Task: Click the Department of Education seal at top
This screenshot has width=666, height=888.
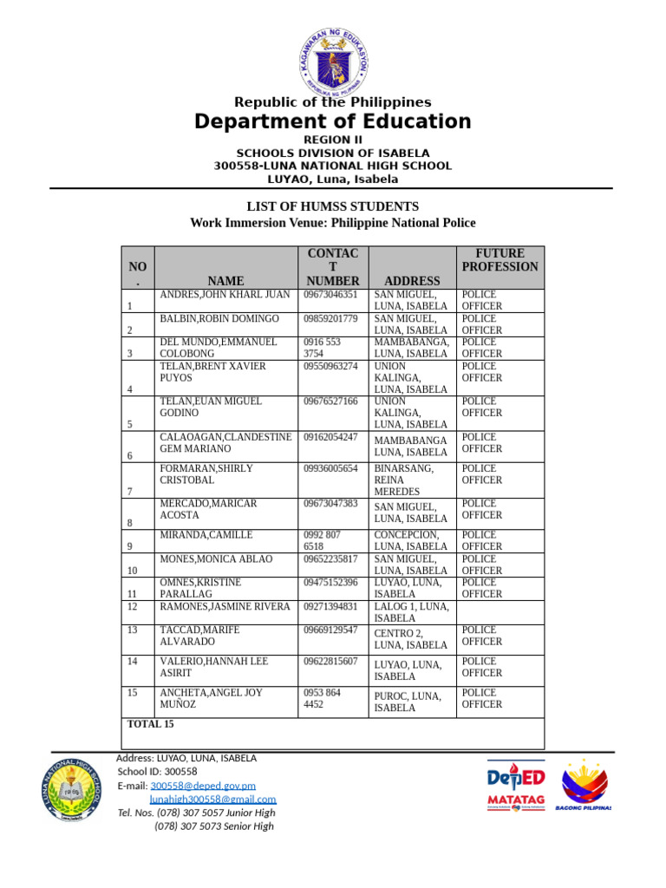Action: coord(333,61)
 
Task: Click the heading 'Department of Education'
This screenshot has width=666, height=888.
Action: coord(333,121)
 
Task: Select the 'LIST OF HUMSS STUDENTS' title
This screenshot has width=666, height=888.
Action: coord(333,206)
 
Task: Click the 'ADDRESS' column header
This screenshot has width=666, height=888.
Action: coord(412,281)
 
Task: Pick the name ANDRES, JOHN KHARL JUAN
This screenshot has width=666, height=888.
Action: coord(225,295)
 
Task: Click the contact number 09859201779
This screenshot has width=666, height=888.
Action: coord(330,319)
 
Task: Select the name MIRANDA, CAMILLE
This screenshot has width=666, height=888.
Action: coord(206,535)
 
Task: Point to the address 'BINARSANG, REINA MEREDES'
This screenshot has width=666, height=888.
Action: coord(397,480)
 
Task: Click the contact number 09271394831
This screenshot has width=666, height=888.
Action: coord(330,607)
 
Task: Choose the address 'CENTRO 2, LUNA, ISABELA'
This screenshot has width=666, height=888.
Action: coord(410,639)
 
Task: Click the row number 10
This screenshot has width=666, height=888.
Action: coord(132,571)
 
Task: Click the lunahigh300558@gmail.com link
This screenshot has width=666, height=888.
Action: coord(212,800)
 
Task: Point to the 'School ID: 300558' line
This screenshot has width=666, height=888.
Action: coord(157,772)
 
